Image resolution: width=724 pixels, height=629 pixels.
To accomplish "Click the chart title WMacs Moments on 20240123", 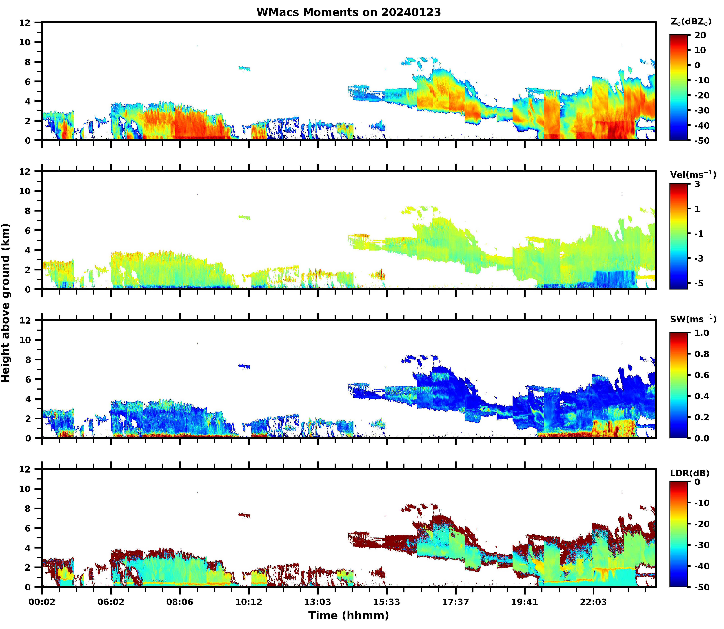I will [x=349, y=12].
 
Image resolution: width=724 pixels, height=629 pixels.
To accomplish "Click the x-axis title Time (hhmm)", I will [x=349, y=615].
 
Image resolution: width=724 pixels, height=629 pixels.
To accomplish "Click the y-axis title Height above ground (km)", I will [x=6, y=303].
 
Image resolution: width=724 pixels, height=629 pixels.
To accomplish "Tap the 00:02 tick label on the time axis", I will [x=42, y=602].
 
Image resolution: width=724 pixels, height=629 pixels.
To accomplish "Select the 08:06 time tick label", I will [x=180, y=602].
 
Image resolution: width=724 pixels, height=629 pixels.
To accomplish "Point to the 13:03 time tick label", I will [x=318, y=602].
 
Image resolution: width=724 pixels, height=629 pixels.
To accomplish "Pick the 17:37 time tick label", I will [x=455, y=602].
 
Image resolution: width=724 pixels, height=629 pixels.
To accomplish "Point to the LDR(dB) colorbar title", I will [x=690, y=473].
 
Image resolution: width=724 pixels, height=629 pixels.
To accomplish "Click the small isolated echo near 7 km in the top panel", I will [x=244, y=68].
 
